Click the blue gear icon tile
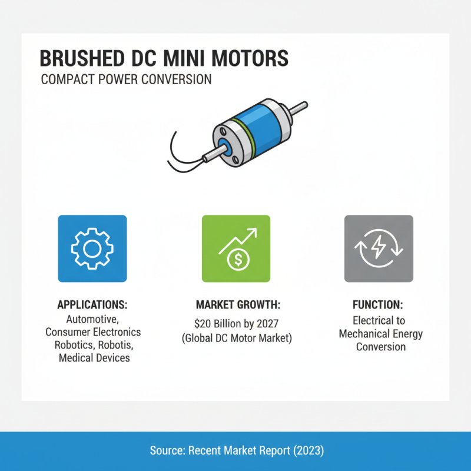click(x=92, y=248)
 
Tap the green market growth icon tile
click(x=235, y=248)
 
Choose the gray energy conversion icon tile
click(x=379, y=248)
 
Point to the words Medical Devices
click(x=94, y=358)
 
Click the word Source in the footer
click(x=166, y=450)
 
